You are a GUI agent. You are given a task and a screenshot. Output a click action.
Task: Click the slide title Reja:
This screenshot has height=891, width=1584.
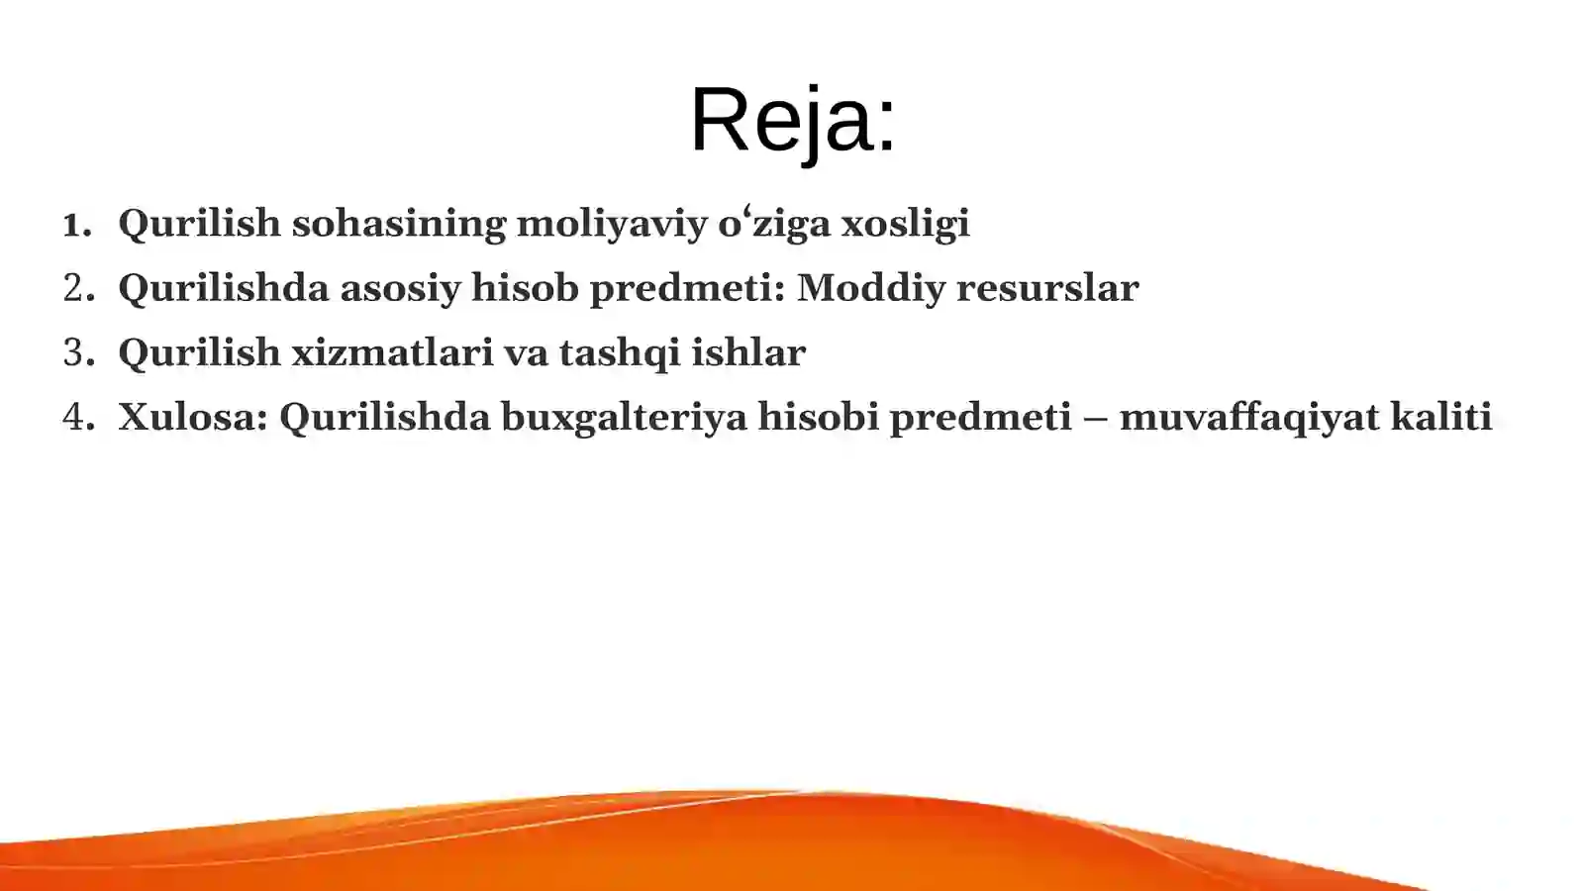click(792, 121)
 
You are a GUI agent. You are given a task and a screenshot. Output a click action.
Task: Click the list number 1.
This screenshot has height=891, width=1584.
click(75, 225)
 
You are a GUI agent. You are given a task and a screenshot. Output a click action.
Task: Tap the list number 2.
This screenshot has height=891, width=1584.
click(77, 288)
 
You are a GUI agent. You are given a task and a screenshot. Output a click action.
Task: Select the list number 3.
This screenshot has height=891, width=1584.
click(77, 352)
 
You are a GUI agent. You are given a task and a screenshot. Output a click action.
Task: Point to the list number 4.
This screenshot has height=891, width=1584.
click(77, 417)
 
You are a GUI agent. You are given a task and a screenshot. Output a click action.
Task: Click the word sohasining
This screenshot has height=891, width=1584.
click(399, 223)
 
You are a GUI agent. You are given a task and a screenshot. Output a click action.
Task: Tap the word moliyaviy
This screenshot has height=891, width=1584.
click(613, 223)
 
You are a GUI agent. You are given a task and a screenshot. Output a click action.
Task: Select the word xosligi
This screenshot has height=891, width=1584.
click(905, 223)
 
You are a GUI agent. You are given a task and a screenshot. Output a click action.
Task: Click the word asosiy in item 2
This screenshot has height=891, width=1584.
click(400, 288)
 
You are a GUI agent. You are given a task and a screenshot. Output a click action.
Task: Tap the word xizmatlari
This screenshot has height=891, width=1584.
click(391, 352)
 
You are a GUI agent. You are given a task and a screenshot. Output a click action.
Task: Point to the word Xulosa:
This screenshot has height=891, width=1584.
click(193, 417)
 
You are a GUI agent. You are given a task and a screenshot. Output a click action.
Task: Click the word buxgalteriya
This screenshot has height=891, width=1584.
click(624, 417)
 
